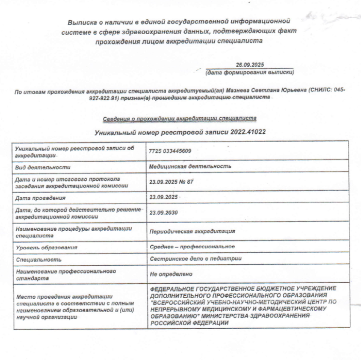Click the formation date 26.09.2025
point(251,65)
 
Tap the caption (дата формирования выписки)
point(250,73)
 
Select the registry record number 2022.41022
point(248,133)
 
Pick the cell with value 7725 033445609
point(170,151)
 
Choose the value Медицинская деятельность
point(190,166)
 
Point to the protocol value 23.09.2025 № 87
point(171,181)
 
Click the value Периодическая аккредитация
point(192,232)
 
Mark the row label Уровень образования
point(46,247)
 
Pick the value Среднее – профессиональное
point(192,247)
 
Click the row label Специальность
point(38,259)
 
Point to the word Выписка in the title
point(83,22)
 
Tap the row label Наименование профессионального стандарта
point(66,274)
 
